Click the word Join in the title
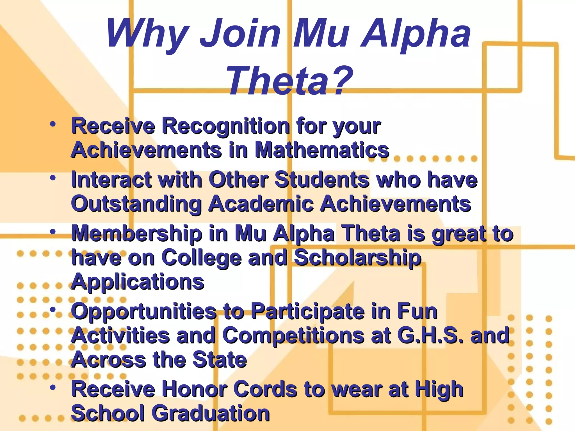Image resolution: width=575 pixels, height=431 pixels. (x=240, y=35)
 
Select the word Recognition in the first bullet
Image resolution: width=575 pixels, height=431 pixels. (x=226, y=126)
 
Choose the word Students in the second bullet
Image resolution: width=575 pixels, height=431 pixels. (x=322, y=180)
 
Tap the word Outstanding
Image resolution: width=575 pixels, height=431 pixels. (x=136, y=204)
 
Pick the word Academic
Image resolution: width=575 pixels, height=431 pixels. (x=261, y=204)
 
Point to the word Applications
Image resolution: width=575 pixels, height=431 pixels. (x=138, y=282)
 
